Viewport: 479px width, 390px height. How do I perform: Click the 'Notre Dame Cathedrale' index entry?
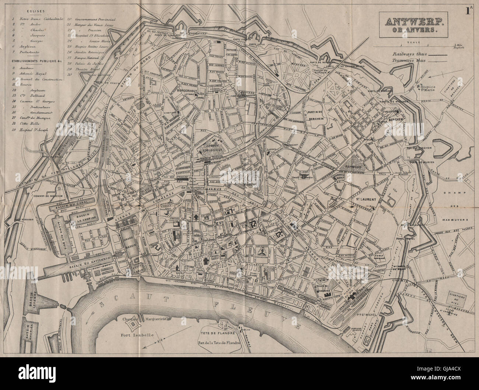(36, 18)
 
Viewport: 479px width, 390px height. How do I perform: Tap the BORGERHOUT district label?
(178, 89)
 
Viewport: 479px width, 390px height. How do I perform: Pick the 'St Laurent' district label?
(366, 199)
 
